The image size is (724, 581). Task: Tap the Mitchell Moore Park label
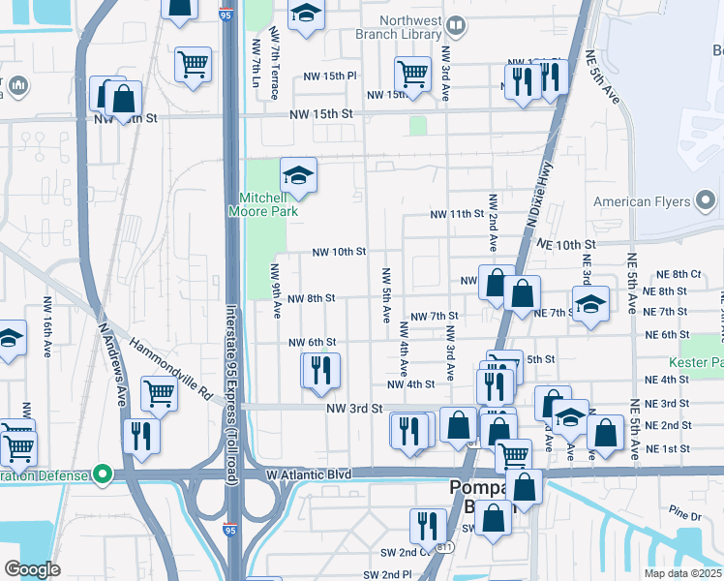click(262, 202)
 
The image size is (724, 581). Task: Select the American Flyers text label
click(640, 201)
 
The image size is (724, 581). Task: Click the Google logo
click(32, 569)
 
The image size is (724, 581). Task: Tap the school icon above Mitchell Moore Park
click(299, 174)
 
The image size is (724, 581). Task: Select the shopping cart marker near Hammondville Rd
click(160, 393)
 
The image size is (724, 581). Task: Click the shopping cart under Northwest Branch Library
click(413, 74)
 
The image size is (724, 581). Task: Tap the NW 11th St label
click(456, 214)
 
